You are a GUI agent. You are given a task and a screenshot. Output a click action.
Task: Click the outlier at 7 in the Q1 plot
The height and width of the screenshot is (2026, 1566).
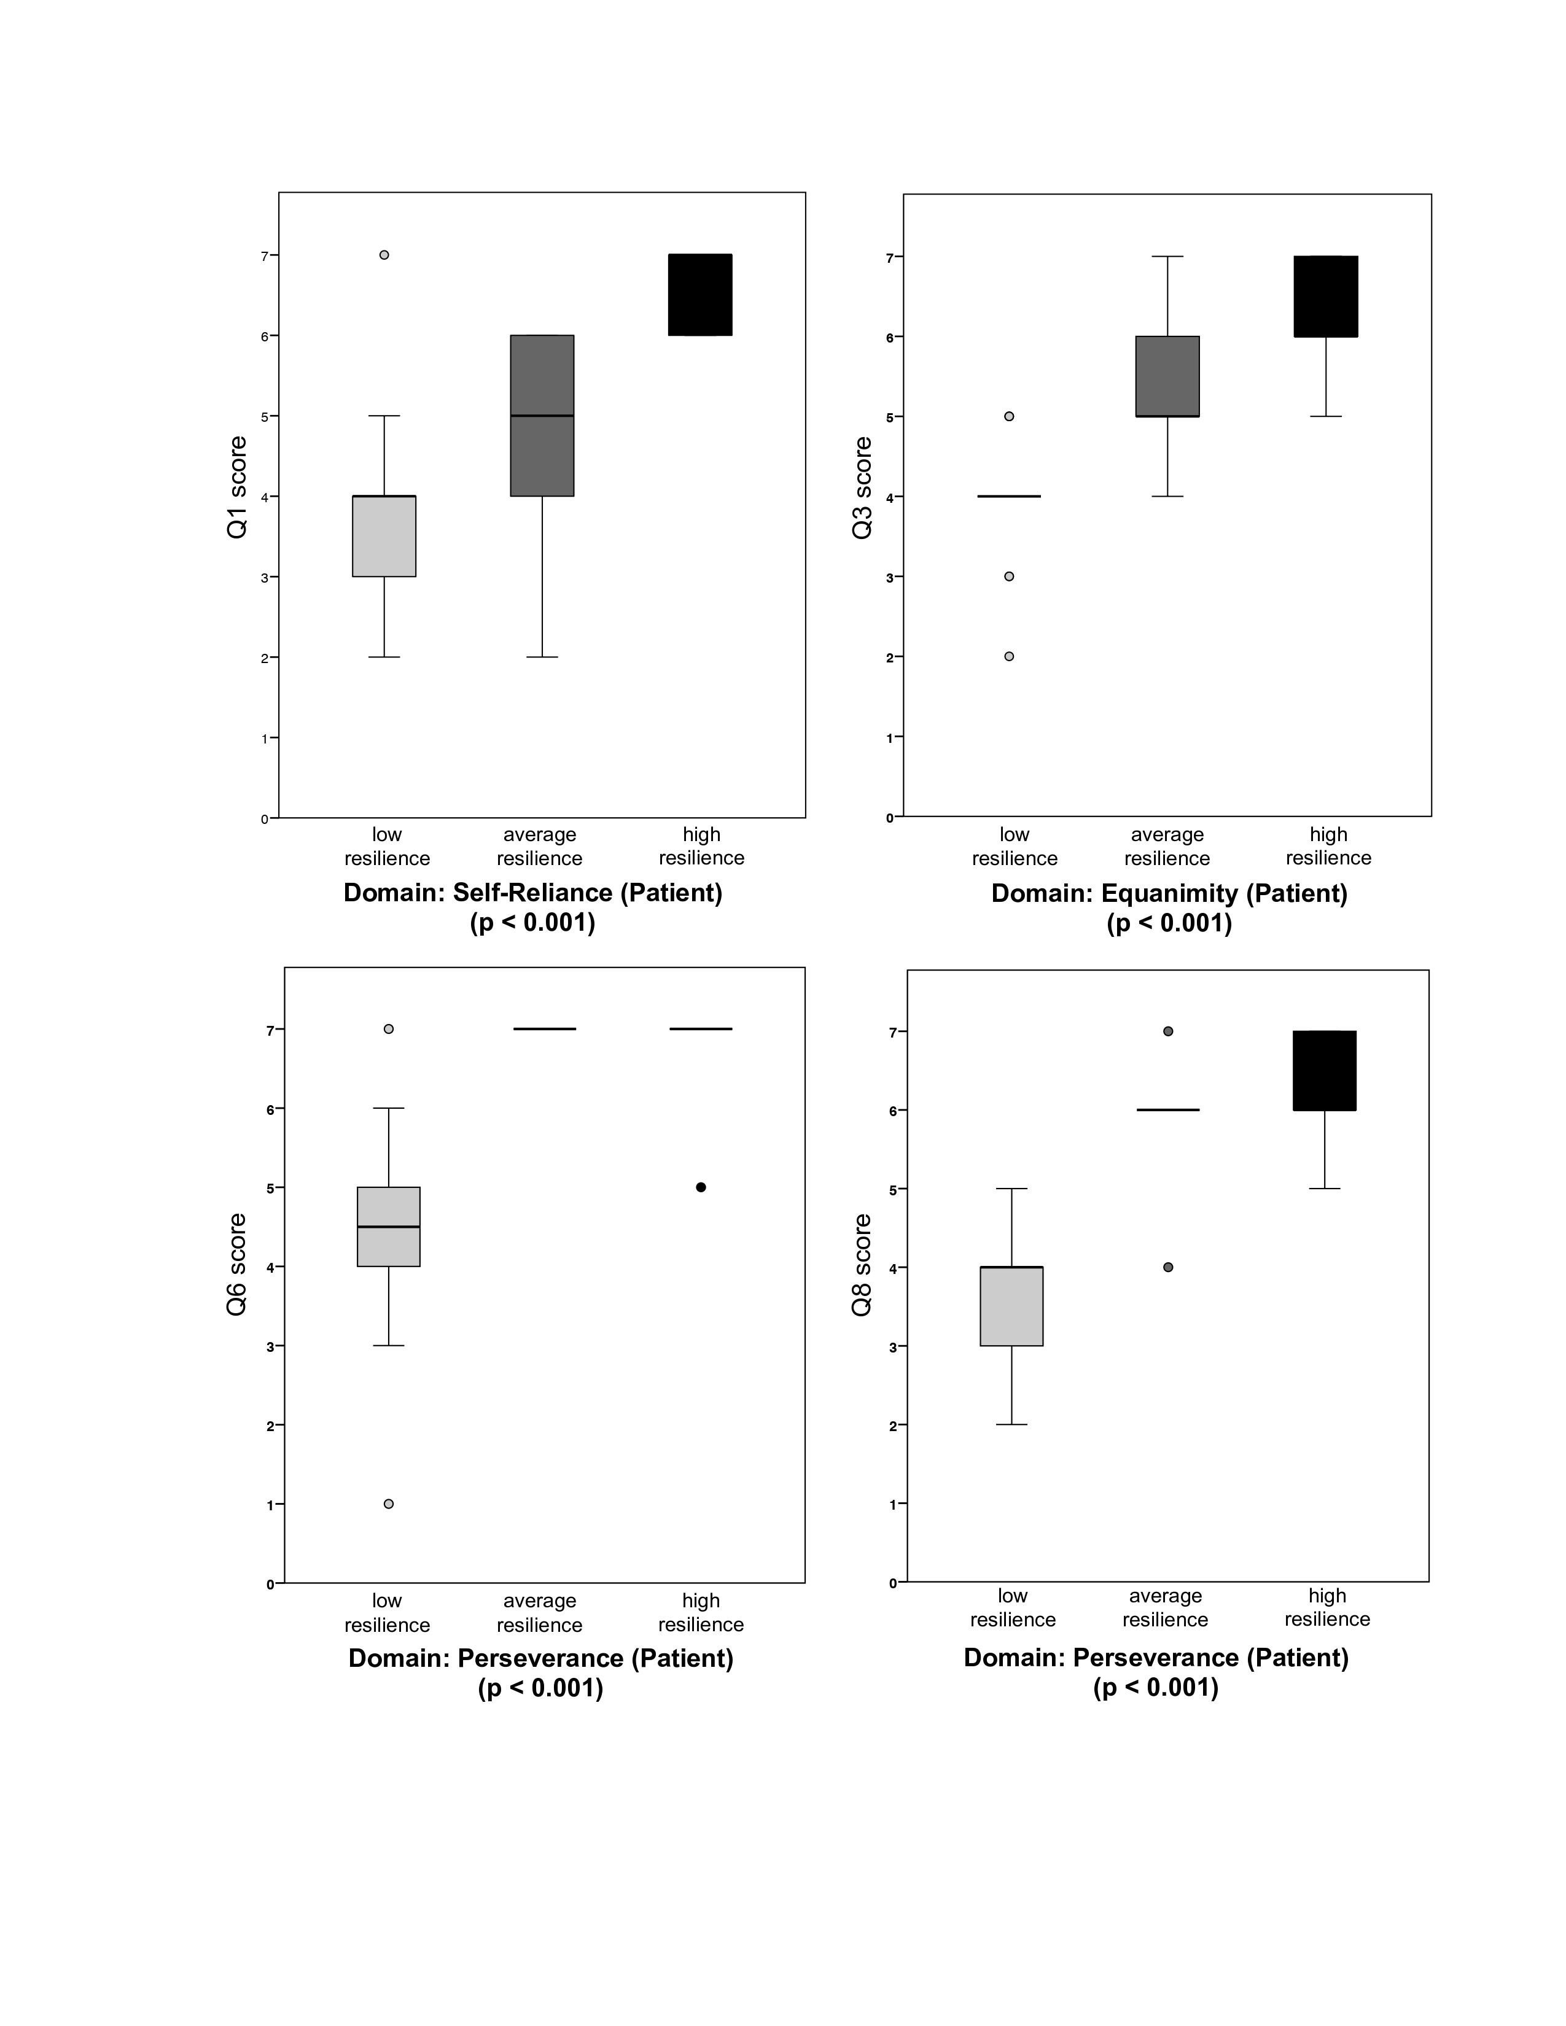click(x=384, y=255)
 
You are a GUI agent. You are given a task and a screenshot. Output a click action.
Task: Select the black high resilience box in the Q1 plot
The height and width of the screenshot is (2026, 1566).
click(x=701, y=295)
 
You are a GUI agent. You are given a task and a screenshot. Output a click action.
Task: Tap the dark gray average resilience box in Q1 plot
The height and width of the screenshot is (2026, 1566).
click(x=542, y=416)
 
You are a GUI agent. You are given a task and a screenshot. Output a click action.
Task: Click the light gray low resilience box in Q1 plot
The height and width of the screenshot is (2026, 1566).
click(x=384, y=536)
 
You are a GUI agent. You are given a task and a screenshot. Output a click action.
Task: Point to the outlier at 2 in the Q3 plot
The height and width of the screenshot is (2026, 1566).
click(x=1010, y=657)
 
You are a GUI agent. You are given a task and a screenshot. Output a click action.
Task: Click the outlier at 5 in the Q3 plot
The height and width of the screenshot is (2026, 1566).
click(x=1010, y=416)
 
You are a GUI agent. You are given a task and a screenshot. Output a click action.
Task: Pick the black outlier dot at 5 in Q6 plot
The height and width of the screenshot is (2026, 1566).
click(x=701, y=1187)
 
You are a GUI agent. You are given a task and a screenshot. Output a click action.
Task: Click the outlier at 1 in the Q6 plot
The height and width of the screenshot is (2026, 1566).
click(x=389, y=1504)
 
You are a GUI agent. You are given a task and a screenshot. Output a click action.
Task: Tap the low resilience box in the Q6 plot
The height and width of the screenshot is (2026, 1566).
click(x=389, y=1227)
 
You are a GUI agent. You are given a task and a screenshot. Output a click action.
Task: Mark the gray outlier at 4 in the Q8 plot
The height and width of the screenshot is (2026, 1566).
click(x=1168, y=1267)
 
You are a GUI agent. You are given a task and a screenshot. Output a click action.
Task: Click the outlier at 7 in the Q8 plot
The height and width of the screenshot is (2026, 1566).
click(x=1168, y=1031)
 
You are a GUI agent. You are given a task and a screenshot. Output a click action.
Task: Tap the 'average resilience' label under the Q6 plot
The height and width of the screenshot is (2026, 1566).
click(x=539, y=1612)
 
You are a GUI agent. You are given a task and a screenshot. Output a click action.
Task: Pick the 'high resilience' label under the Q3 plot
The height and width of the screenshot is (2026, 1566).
click(x=1328, y=846)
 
